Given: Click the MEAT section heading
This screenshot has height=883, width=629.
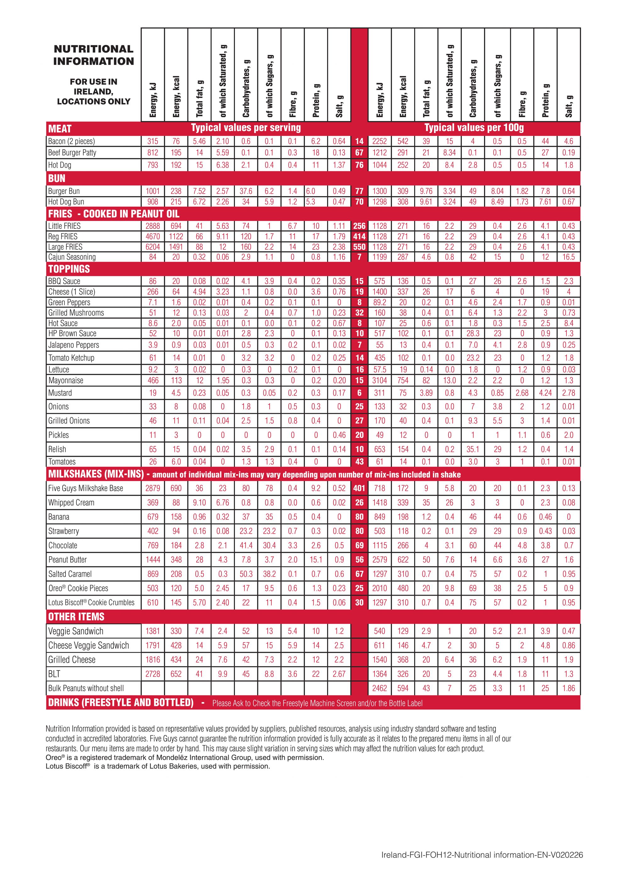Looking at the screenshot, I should pyautogui.click(x=60, y=129).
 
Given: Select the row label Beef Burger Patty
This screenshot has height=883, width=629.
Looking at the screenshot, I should pyautogui.click(x=72, y=153).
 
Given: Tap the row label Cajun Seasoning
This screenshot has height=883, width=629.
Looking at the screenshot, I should pyautogui.click(x=72, y=257).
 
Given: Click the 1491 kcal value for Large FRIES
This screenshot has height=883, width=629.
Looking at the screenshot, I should pyautogui.click(x=176, y=247).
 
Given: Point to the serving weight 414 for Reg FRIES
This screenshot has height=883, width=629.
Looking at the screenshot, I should pyautogui.click(x=359, y=236).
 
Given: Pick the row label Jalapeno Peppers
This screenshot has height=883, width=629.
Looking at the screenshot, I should pyautogui.click(x=74, y=345).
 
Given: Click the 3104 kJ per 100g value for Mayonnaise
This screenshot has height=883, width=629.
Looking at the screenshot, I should pyautogui.click(x=379, y=381).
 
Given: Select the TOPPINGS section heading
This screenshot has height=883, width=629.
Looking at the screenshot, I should pyautogui.click(x=69, y=269).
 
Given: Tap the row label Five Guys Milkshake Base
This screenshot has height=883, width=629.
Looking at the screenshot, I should pyautogui.click(x=86, y=488).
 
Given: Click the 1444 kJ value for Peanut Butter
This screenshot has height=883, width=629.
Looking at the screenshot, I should pyautogui.click(x=153, y=560).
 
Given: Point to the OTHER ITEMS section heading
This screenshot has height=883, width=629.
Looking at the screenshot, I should pyautogui.click(x=76, y=617).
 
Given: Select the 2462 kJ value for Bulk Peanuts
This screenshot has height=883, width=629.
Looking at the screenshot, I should pyautogui.click(x=379, y=688).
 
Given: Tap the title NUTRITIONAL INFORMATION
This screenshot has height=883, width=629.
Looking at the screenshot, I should pyautogui.click(x=93, y=55).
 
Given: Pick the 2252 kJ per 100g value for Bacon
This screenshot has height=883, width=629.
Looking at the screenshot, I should pyautogui.click(x=379, y=141).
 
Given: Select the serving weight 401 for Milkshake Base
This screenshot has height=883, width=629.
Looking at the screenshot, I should pyautogui.click(x=359, y=488).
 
